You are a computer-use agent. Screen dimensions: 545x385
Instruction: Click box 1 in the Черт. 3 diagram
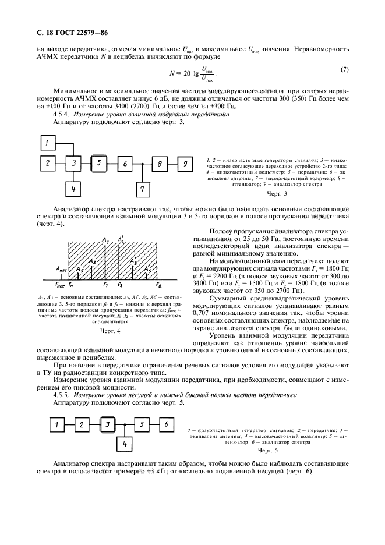pos(49,143)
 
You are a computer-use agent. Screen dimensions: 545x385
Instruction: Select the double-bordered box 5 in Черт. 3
pos(100,164)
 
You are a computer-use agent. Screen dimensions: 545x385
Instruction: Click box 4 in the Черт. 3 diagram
pos(74,189)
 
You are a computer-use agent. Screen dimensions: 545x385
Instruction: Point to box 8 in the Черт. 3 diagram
pos(158,164)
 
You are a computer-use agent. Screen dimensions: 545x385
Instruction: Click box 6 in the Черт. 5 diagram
pos(165,424)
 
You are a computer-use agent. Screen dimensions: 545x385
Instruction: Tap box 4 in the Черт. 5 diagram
pos(123,445)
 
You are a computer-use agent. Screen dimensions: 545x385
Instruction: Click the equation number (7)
pos(344,70)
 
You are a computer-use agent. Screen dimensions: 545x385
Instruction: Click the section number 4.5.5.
pos(62,395)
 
